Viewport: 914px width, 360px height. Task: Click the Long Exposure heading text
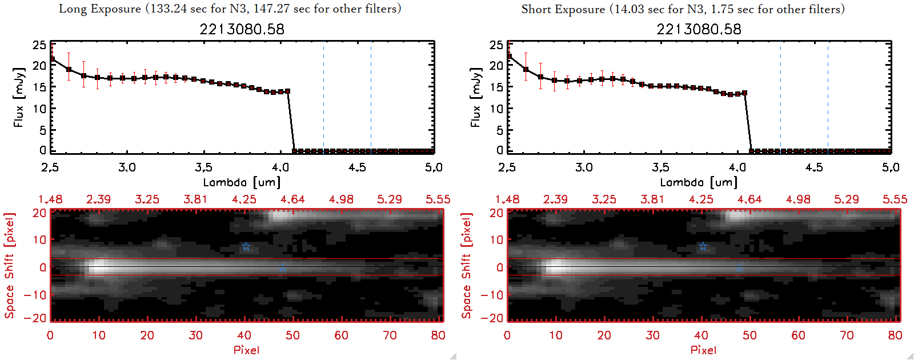pos(230,9)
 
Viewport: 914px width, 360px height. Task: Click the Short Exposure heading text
pos(683,9)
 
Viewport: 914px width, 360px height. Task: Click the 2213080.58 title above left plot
pos(242,29)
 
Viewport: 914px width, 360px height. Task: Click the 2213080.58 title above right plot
pos(699,29)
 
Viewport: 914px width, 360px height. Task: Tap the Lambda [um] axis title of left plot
pos(242,182)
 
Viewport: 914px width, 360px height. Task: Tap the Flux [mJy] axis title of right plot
pos(475,97)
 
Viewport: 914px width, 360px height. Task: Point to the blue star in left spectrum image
pos(246,246)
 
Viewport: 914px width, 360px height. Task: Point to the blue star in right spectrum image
pos(703,246)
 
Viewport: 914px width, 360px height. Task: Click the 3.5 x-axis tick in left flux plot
pos(203,167)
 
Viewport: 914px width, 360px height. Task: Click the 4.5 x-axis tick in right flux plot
pos(814,167)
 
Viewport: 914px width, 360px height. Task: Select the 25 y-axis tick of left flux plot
pos(39,45)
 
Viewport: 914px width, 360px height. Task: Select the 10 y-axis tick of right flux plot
pos(496,109)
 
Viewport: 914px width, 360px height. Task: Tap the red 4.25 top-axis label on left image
pos(244,199)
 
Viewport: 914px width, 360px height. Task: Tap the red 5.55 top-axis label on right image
pos(895,199)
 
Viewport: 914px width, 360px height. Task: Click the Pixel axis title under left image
pos(246,350)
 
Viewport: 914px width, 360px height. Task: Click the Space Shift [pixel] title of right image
pos(467,266)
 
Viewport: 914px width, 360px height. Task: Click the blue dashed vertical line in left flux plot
pos(323,97)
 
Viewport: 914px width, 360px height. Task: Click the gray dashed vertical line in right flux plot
pos(828,97)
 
